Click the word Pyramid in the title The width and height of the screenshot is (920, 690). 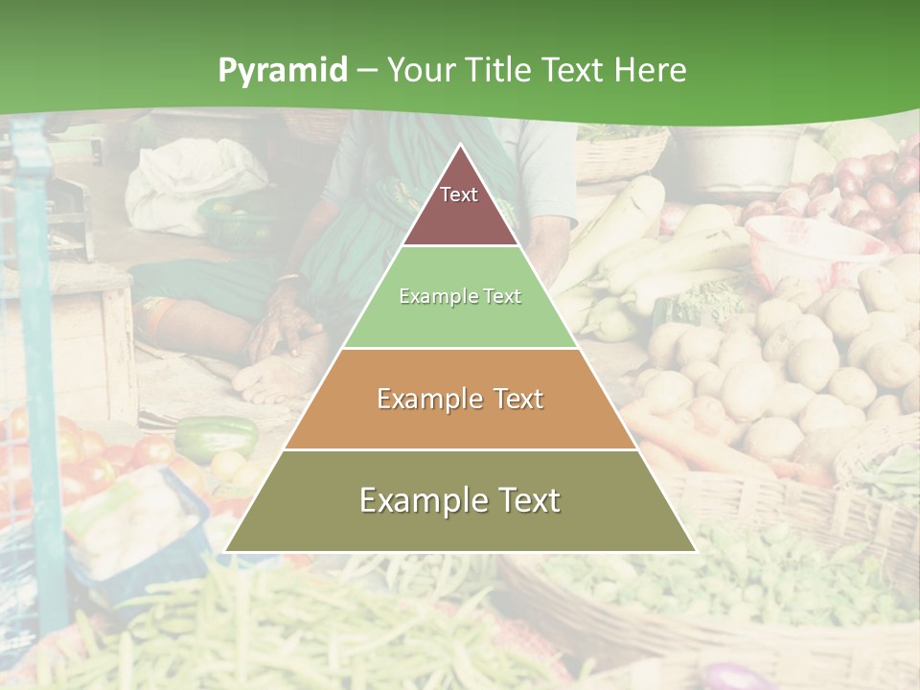coord(283,71)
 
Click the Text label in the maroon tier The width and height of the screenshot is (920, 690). coord(459,195)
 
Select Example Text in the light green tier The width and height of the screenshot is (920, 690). coord(460,297)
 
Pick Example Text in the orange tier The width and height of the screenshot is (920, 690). coord(460,399)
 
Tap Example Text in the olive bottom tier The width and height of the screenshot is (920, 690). coord(460,500)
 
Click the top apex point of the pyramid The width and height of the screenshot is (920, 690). coord(461,145)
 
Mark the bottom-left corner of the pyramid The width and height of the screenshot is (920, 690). coord(225,551)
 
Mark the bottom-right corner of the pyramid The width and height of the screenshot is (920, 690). coord(696,551)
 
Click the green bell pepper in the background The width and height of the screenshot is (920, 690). coord(217,436)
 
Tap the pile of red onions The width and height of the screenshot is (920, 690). coord(867,187)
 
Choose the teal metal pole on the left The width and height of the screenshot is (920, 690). coord(38,364)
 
